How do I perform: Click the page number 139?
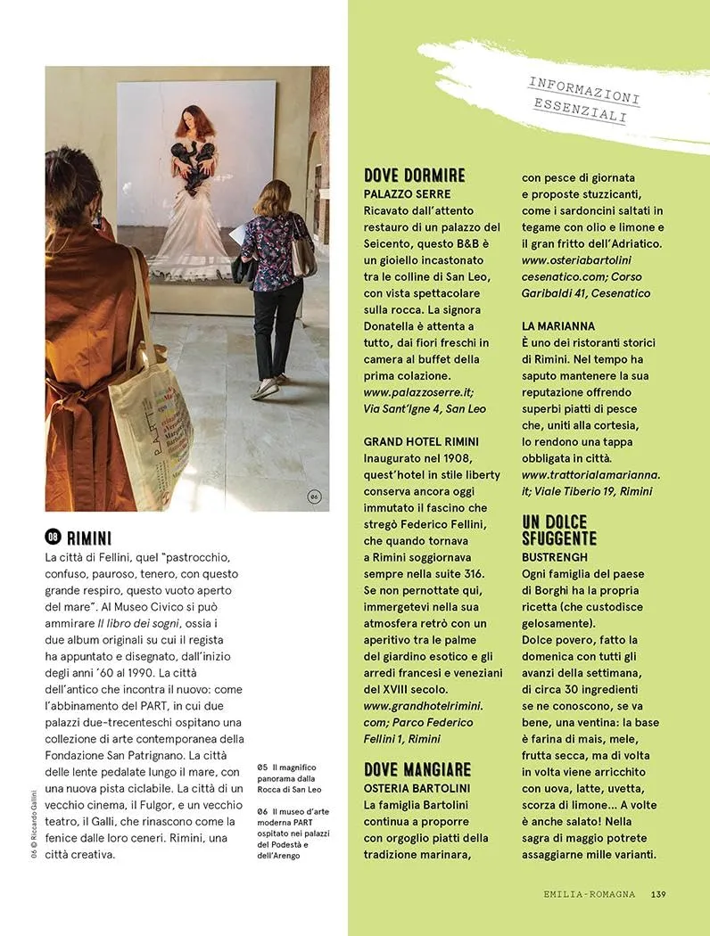[659, 895]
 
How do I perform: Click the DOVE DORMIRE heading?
[415, 176]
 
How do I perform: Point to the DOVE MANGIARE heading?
[417, 769]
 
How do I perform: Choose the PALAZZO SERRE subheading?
[408, 193]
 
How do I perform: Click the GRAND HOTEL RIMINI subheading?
[421, 441]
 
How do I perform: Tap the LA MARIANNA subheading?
[558, 326]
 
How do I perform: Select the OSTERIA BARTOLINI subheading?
[417, 788]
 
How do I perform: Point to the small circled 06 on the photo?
[314, 497]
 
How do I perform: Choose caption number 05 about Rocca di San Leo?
[261, 767]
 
